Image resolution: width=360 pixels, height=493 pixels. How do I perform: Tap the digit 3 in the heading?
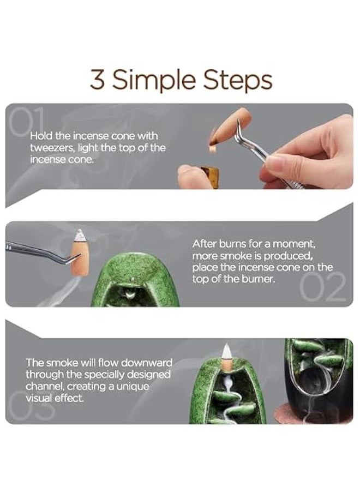[97, 80]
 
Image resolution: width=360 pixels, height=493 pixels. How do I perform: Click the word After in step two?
[205, 244]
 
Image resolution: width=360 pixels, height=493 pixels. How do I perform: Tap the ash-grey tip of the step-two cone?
[80, 235]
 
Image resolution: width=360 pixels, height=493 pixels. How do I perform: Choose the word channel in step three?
[44, 386]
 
